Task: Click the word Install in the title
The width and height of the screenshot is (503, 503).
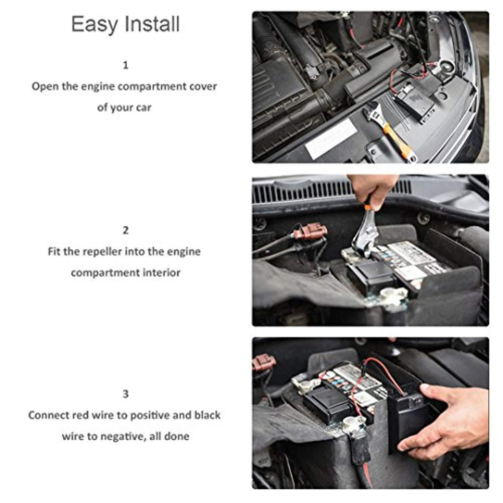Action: (152, 24)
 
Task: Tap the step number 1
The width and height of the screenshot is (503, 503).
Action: (126, 65)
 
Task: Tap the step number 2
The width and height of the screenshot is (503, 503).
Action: (126, 230)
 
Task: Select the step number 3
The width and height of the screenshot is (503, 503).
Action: (126, 393)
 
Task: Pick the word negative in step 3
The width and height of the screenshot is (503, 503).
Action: (125, 437)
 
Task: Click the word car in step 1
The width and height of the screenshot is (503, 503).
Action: (143, 108)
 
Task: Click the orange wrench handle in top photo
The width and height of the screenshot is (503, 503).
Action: (397, 141)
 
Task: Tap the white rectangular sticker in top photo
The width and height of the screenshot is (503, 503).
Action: (331, 138)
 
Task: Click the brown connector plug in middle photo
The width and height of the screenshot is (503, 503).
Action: (310, 232)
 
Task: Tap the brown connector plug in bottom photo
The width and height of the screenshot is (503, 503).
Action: (264, 363)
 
